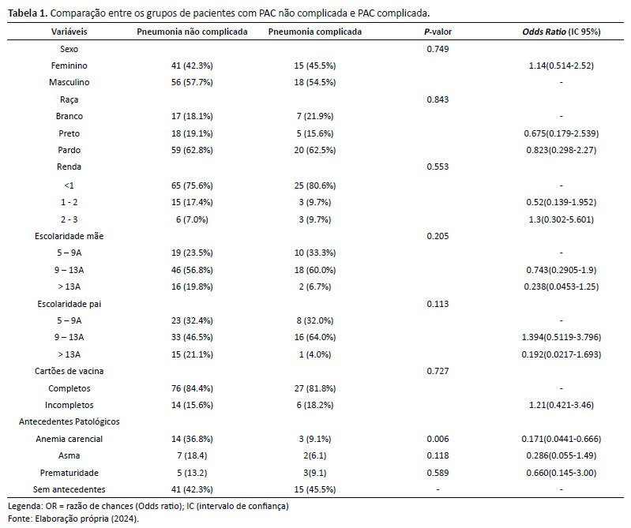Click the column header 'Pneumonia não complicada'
point(192,32)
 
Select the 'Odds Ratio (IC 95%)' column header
point(562,32)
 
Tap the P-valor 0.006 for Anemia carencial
point(438,439)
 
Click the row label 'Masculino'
point(69,82)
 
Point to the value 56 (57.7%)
point(192,82)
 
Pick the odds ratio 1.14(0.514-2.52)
point(562,66)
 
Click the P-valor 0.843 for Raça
point(438,99)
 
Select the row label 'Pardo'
point(69,150)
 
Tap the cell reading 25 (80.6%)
point(314,185)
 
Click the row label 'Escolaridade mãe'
point(69,236)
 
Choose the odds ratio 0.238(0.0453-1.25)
point(562,286)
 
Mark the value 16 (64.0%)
point(314,337)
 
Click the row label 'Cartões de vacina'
point(69,371)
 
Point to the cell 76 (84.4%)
point(192,388)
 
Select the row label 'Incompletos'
point(69,405)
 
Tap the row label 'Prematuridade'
point(69,473)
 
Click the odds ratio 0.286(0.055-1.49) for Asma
point(562,455)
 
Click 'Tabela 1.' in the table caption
point(28,13)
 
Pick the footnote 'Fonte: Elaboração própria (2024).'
point(73,519)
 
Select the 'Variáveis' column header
point(69,32)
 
